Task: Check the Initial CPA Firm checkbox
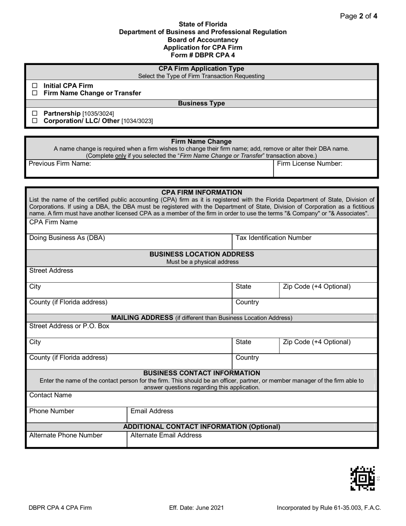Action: [x=35, y=86]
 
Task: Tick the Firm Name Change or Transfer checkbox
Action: [x=35, y=93]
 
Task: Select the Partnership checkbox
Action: [x=35, y=113]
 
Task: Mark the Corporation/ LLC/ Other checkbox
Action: [x=35, y=121]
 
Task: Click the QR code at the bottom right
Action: [x=362, y=478]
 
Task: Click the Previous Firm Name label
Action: [x=59, y=164]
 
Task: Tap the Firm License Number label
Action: [x=309, y=164]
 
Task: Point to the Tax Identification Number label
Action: [x=273, y=238]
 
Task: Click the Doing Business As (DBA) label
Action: [x=67, y=238]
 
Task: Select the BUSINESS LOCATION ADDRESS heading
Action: [x=202, y=254]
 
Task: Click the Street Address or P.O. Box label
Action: [x=69, y=326]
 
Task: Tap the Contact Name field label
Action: [x=50, y=396]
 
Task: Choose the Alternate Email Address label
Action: [x=166, y=436]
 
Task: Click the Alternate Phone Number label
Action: [x=65, y=436]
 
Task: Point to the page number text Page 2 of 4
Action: [x=358, y=16]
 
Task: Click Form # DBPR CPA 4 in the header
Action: [x=203, y=55]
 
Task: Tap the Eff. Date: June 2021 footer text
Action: [x=196, y=508]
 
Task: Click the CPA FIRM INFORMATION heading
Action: [x=202, y=192]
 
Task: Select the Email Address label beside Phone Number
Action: [x=152, y=411]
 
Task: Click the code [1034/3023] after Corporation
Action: [x=137, y=121]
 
